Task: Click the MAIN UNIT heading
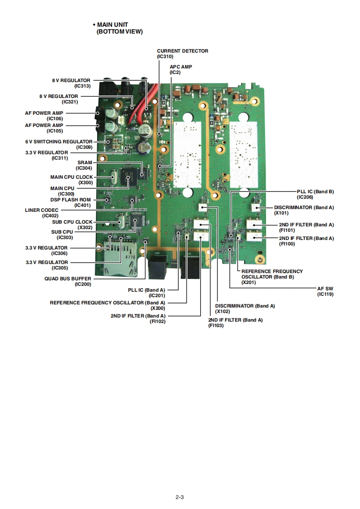tap(118, 24)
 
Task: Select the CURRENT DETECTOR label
tap(182, 51)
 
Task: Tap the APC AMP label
tap(181, 67)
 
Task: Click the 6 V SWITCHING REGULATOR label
tap(59, 142)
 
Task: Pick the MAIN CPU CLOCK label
tap(71, 177)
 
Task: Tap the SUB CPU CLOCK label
tap(71, 222)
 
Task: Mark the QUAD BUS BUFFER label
tap(68, 279)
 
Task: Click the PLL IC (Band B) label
tap(315, 191)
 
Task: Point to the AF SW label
tap(325, 289)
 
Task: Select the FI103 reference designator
tap(216, 326)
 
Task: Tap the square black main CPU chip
tap(128, 177)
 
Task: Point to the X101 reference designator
tap(281, 213)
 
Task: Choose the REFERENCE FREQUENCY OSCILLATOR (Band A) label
tap(107, 302)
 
